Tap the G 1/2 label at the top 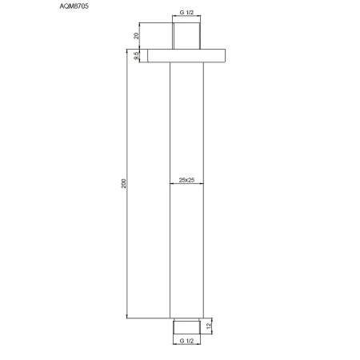[x=186, y=14]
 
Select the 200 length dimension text [x=122, y=183]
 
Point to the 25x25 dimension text [x=186, y=180]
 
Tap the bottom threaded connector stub [x=187, y=325]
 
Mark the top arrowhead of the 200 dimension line [x=127, y=52]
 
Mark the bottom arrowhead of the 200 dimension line [x=127, y=316]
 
